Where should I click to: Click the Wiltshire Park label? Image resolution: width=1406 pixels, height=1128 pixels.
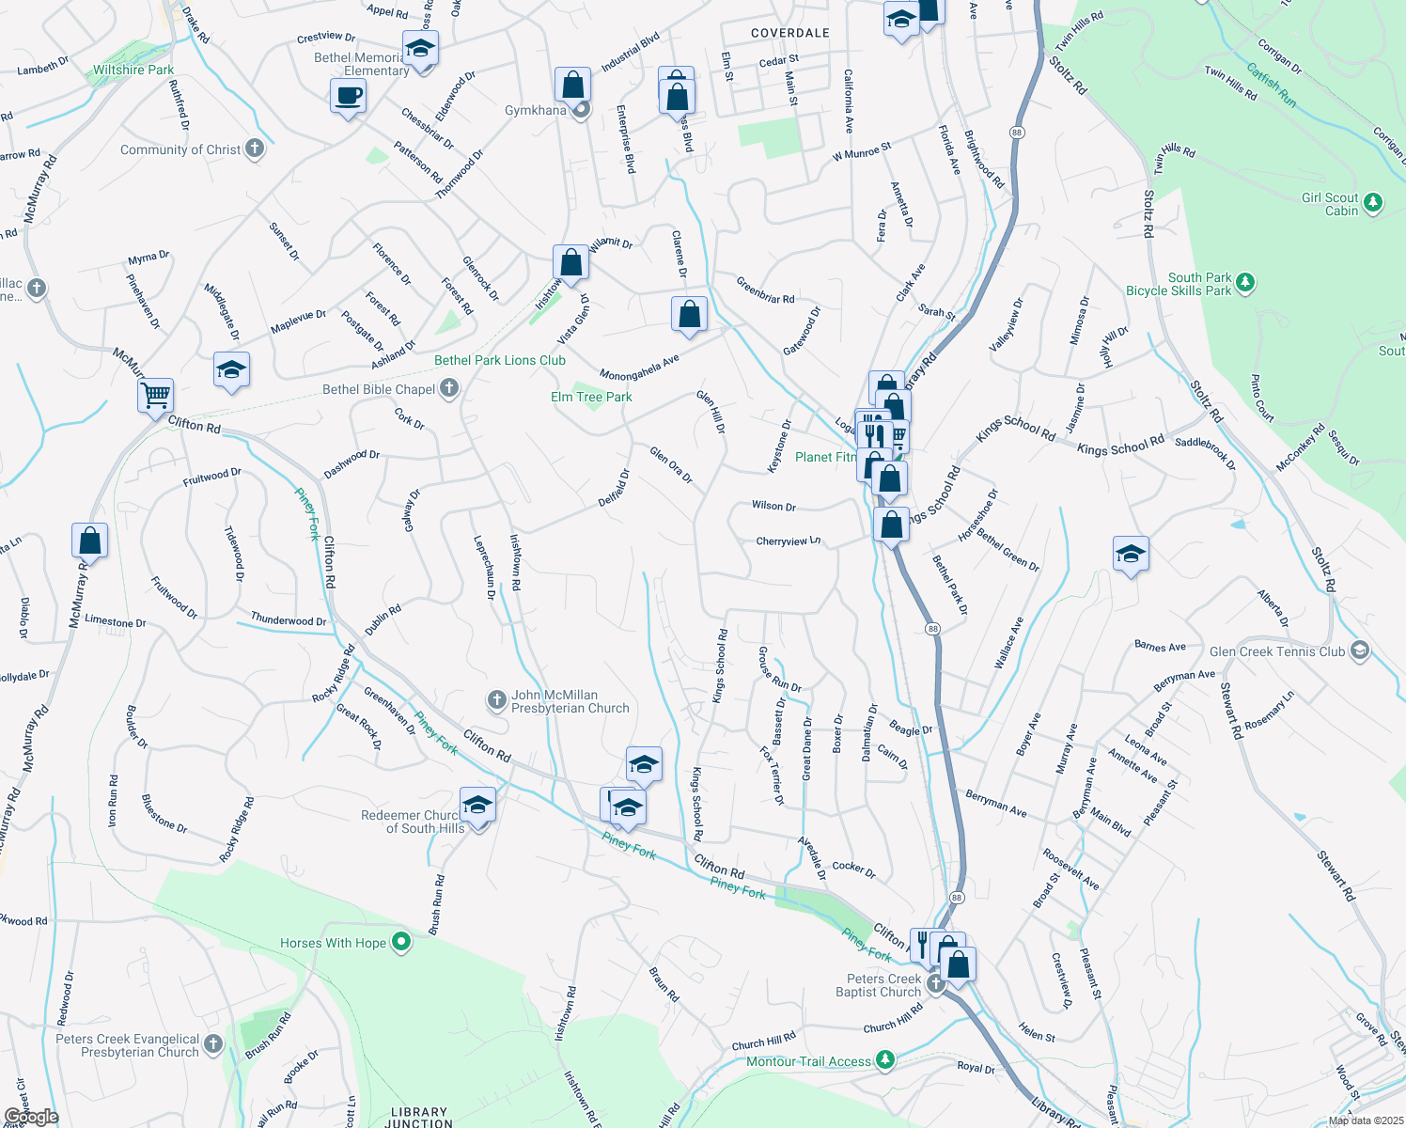(133, 70)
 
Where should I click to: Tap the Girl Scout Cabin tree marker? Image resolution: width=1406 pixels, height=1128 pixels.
(1373, 202)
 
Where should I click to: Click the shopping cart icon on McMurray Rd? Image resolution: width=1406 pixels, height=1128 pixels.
(155, 395)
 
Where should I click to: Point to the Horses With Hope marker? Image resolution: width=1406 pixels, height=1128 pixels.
(401, 941)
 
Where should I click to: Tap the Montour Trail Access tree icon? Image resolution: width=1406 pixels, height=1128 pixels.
(884, 1060)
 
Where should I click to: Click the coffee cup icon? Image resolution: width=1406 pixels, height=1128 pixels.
(349, 96)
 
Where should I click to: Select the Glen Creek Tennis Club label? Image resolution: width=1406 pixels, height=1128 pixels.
(1277, 651)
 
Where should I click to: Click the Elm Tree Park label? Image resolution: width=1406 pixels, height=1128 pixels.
(591, 397)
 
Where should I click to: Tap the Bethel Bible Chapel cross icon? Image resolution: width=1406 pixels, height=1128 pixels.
(449, 387)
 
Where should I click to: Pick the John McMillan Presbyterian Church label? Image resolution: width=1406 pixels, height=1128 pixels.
(570, 701)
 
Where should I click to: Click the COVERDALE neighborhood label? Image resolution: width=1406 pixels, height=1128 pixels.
(790, 33)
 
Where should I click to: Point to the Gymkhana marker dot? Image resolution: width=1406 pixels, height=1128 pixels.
(582, 110)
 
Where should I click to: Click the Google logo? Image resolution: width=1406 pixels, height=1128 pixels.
(31, 1117)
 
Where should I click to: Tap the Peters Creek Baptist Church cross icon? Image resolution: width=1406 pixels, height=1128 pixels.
(935, 984)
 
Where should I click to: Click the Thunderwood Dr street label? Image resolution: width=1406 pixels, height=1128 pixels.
(289, 620)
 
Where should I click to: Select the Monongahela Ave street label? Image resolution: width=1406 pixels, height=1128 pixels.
(639, 368)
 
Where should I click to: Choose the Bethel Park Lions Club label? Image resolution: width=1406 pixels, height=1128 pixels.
(500, 360)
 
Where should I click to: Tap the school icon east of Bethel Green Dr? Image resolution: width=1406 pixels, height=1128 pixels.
(1131, 555)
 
